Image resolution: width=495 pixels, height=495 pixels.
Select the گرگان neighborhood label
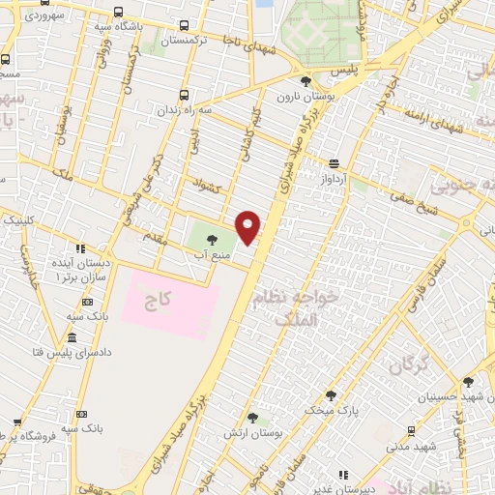coord(410,364)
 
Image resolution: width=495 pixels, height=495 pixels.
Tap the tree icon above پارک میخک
coord(332,394)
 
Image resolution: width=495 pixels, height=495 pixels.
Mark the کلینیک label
coord(21,220)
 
